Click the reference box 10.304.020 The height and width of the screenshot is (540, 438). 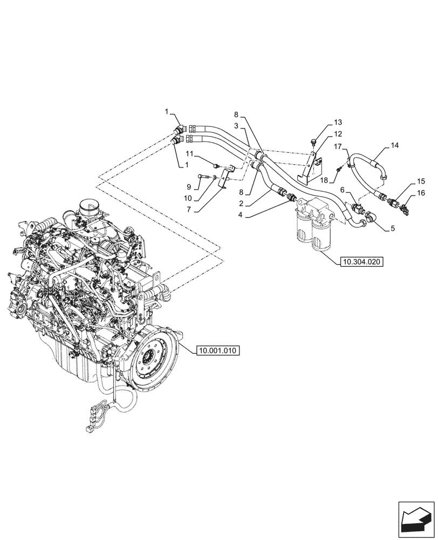(361, 263)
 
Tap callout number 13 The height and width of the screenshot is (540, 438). (337, 123)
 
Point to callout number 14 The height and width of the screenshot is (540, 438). (395, 145)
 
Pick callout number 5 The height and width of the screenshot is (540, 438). (392, 228)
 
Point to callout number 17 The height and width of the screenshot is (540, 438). (337, 146)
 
